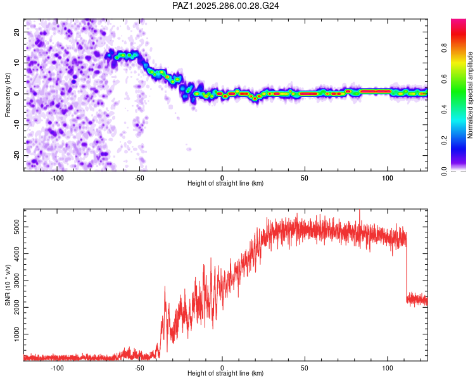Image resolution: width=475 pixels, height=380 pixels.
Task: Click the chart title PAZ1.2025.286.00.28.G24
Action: coord(226,6)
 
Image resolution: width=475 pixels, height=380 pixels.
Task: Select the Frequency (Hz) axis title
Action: coord(8,94)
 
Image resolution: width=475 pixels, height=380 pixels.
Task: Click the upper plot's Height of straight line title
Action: coord(225,184)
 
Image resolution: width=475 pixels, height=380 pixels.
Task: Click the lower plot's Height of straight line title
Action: coord(225,373)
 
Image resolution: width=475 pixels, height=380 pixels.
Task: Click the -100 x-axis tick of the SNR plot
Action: coord(57,367)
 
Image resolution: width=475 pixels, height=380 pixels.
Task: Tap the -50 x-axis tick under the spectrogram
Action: coord(139,177)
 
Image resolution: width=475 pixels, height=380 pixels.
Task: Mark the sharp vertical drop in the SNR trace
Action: coord(406,266)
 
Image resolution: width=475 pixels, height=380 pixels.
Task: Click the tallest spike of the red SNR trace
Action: coord(360,212)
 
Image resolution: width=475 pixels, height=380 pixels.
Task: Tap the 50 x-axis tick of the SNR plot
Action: coord(305,367)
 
